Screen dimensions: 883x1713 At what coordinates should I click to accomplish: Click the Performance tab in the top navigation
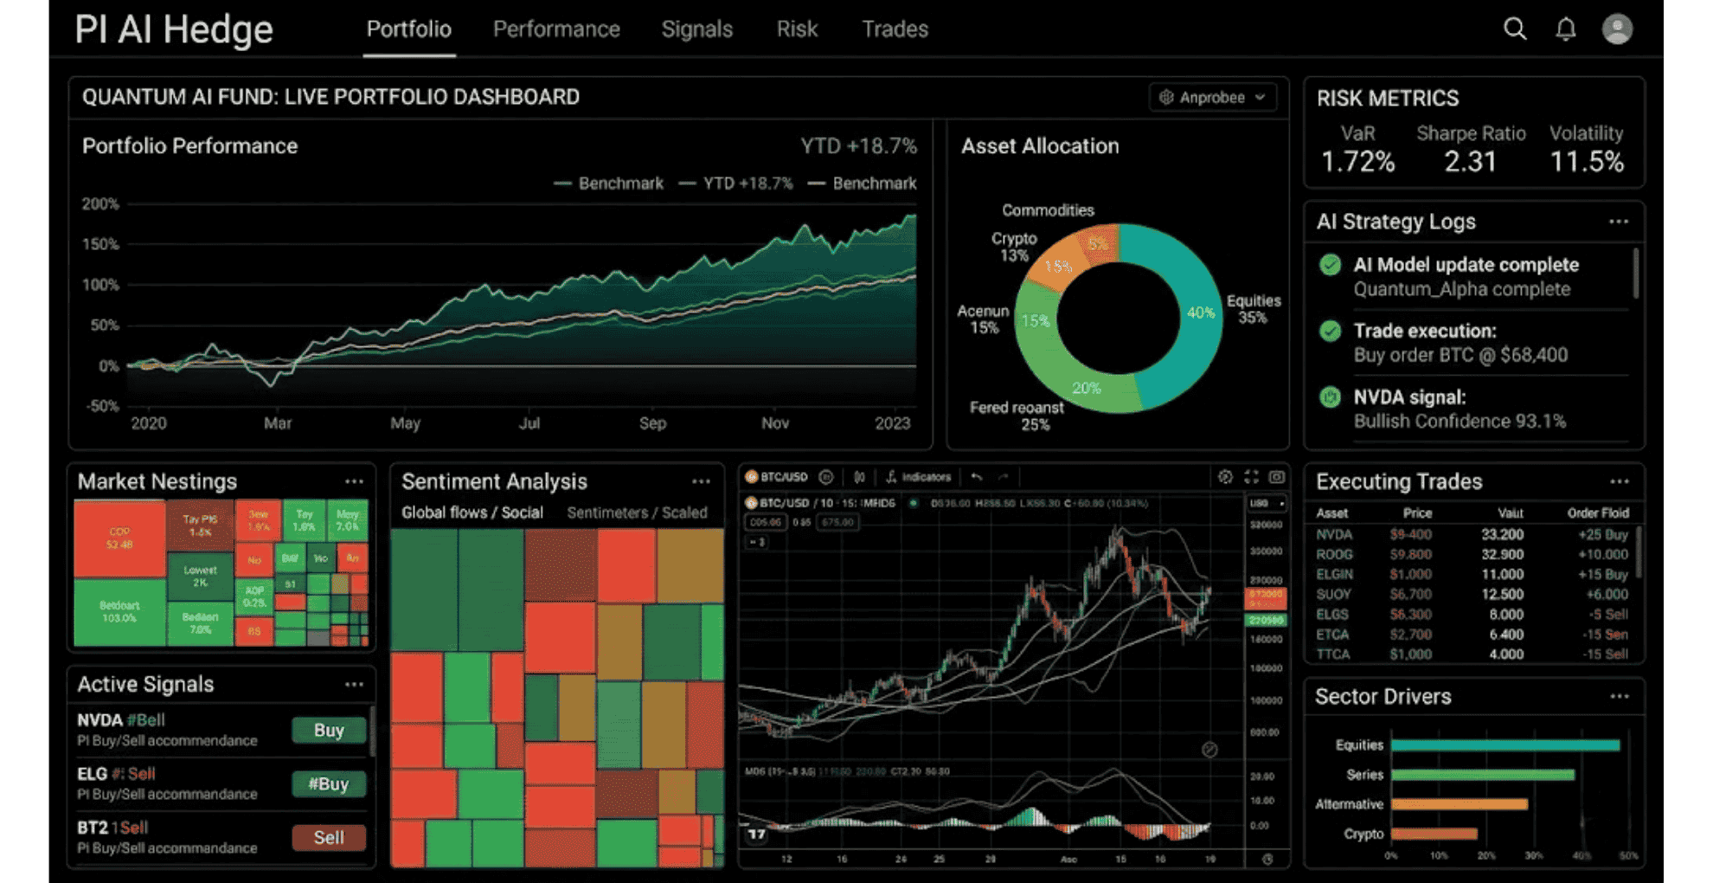pyautogui.click(x=556, y=29)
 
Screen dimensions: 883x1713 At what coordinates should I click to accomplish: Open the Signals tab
pyautogui.click(x=696, y=29)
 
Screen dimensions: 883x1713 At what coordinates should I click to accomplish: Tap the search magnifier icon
pyautogui.click(x=1515, y=29)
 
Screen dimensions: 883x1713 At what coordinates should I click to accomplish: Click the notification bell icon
pyautogui.click(x=1566, y=29)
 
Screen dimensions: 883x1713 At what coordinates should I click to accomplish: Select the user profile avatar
pyautogui.click(x=1617, y=29)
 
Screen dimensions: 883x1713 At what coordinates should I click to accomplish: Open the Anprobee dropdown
pyautogui.click(x=1213, y=97)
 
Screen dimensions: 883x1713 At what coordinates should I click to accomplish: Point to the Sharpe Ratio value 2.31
pyautogui.click(x=1470, y=162)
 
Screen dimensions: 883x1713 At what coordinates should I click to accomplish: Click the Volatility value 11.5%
pyautogui.click(x=1587, y=162)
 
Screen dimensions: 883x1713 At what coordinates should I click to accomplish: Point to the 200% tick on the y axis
pyautogui.click(x=100, y=204)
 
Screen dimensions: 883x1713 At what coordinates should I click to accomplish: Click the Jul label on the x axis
pyautogui.click(x=529, y=423)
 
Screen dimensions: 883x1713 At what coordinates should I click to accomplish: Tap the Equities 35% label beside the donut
pyautogui.click(x=1253, y=309)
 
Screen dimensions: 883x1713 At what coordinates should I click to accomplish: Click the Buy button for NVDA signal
pyautogui.click(x=329, y=731)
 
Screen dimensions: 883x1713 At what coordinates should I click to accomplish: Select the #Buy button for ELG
pyautogui.click(x=329, y=784)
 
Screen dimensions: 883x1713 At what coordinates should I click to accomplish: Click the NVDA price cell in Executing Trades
pyautogui.click(x=1410, y=535)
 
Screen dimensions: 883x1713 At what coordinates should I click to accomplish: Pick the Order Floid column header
pyautogui.click(x=1597, y=513)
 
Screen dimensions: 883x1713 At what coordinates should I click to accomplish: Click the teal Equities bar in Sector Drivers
pyautogui.click(x=1505, y=745)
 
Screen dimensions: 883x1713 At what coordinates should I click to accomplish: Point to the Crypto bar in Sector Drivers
pyautogui.click(x=1434, y=835)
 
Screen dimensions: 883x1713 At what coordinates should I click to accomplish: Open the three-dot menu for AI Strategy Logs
pyautogui.click(x=1619, y=222)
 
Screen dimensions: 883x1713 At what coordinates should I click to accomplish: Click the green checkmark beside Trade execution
pyautogui.click(x=1331, y=331)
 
